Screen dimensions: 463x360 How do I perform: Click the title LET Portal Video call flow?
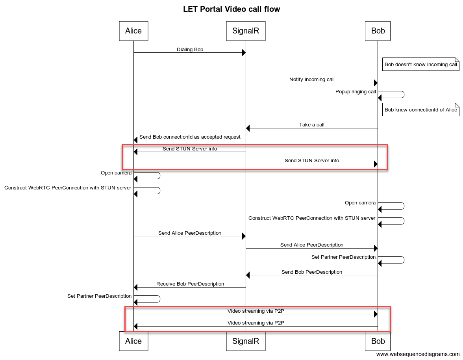click(231, 9)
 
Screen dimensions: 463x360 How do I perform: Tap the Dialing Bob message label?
click(190, 49)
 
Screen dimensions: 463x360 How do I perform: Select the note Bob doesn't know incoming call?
click(421, 64)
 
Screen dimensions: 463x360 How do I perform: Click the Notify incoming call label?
click(312, 80)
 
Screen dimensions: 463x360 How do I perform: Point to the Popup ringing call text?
click(356, 91)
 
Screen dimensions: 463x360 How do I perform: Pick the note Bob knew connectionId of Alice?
click(421, 109)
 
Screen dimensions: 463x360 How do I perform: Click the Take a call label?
click(312, 124)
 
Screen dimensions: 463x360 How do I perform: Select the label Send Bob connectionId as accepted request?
click(190, 137)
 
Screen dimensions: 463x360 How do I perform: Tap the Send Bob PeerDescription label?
click(312, 272)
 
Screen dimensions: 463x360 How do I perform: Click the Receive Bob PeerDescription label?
click(190, 284)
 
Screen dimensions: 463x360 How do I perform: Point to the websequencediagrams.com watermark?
click(418, 354)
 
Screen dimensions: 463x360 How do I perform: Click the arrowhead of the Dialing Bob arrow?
click(244, 52)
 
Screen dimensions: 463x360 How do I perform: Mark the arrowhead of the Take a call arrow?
click(248, 128)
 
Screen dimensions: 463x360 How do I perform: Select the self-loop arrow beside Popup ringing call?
click(404, 95)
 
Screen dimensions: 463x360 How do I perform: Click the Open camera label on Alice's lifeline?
click(116, 173)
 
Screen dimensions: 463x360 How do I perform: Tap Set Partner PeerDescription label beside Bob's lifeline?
click(343, 257)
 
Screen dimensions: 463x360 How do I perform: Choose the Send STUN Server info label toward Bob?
click(312, 160)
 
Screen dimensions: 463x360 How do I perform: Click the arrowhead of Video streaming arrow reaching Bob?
click(376, 314)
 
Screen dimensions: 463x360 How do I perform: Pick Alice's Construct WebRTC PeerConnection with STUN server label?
click(68, 187)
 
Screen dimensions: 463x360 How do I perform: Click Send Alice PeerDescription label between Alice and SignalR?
click(190, 233)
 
